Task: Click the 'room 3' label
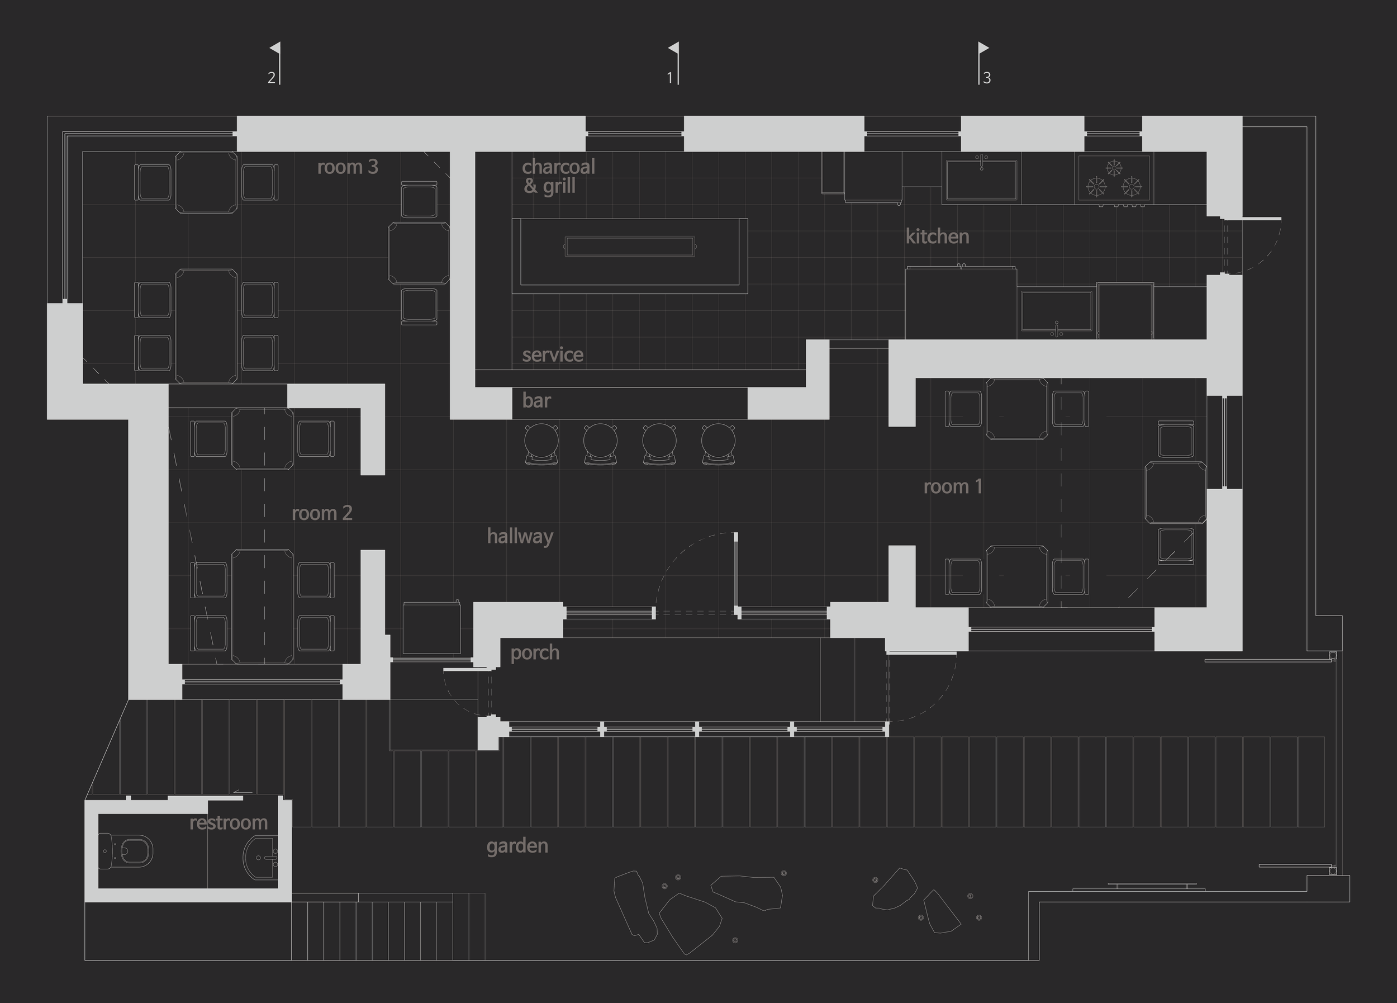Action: [x=348, y=167]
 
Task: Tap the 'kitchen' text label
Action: [x=937, y=236]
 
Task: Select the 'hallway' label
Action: [x=520, y=537]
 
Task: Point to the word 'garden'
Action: [x=517, y=846]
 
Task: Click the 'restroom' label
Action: [x=229, y=823]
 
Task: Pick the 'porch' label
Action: [x=535, y=653]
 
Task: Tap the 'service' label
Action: [x=553, y=355]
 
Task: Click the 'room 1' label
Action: [x=953, y=487]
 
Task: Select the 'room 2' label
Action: [x=321, y=513]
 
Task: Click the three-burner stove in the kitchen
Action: [x=1114, y=179]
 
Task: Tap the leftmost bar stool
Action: [x=541, y=443]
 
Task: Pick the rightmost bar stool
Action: [x=718, y=443]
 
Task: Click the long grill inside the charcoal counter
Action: [x=630, y=247]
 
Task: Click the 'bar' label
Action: [x=536, y=401]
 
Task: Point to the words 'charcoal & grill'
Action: [x=558, y=176]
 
